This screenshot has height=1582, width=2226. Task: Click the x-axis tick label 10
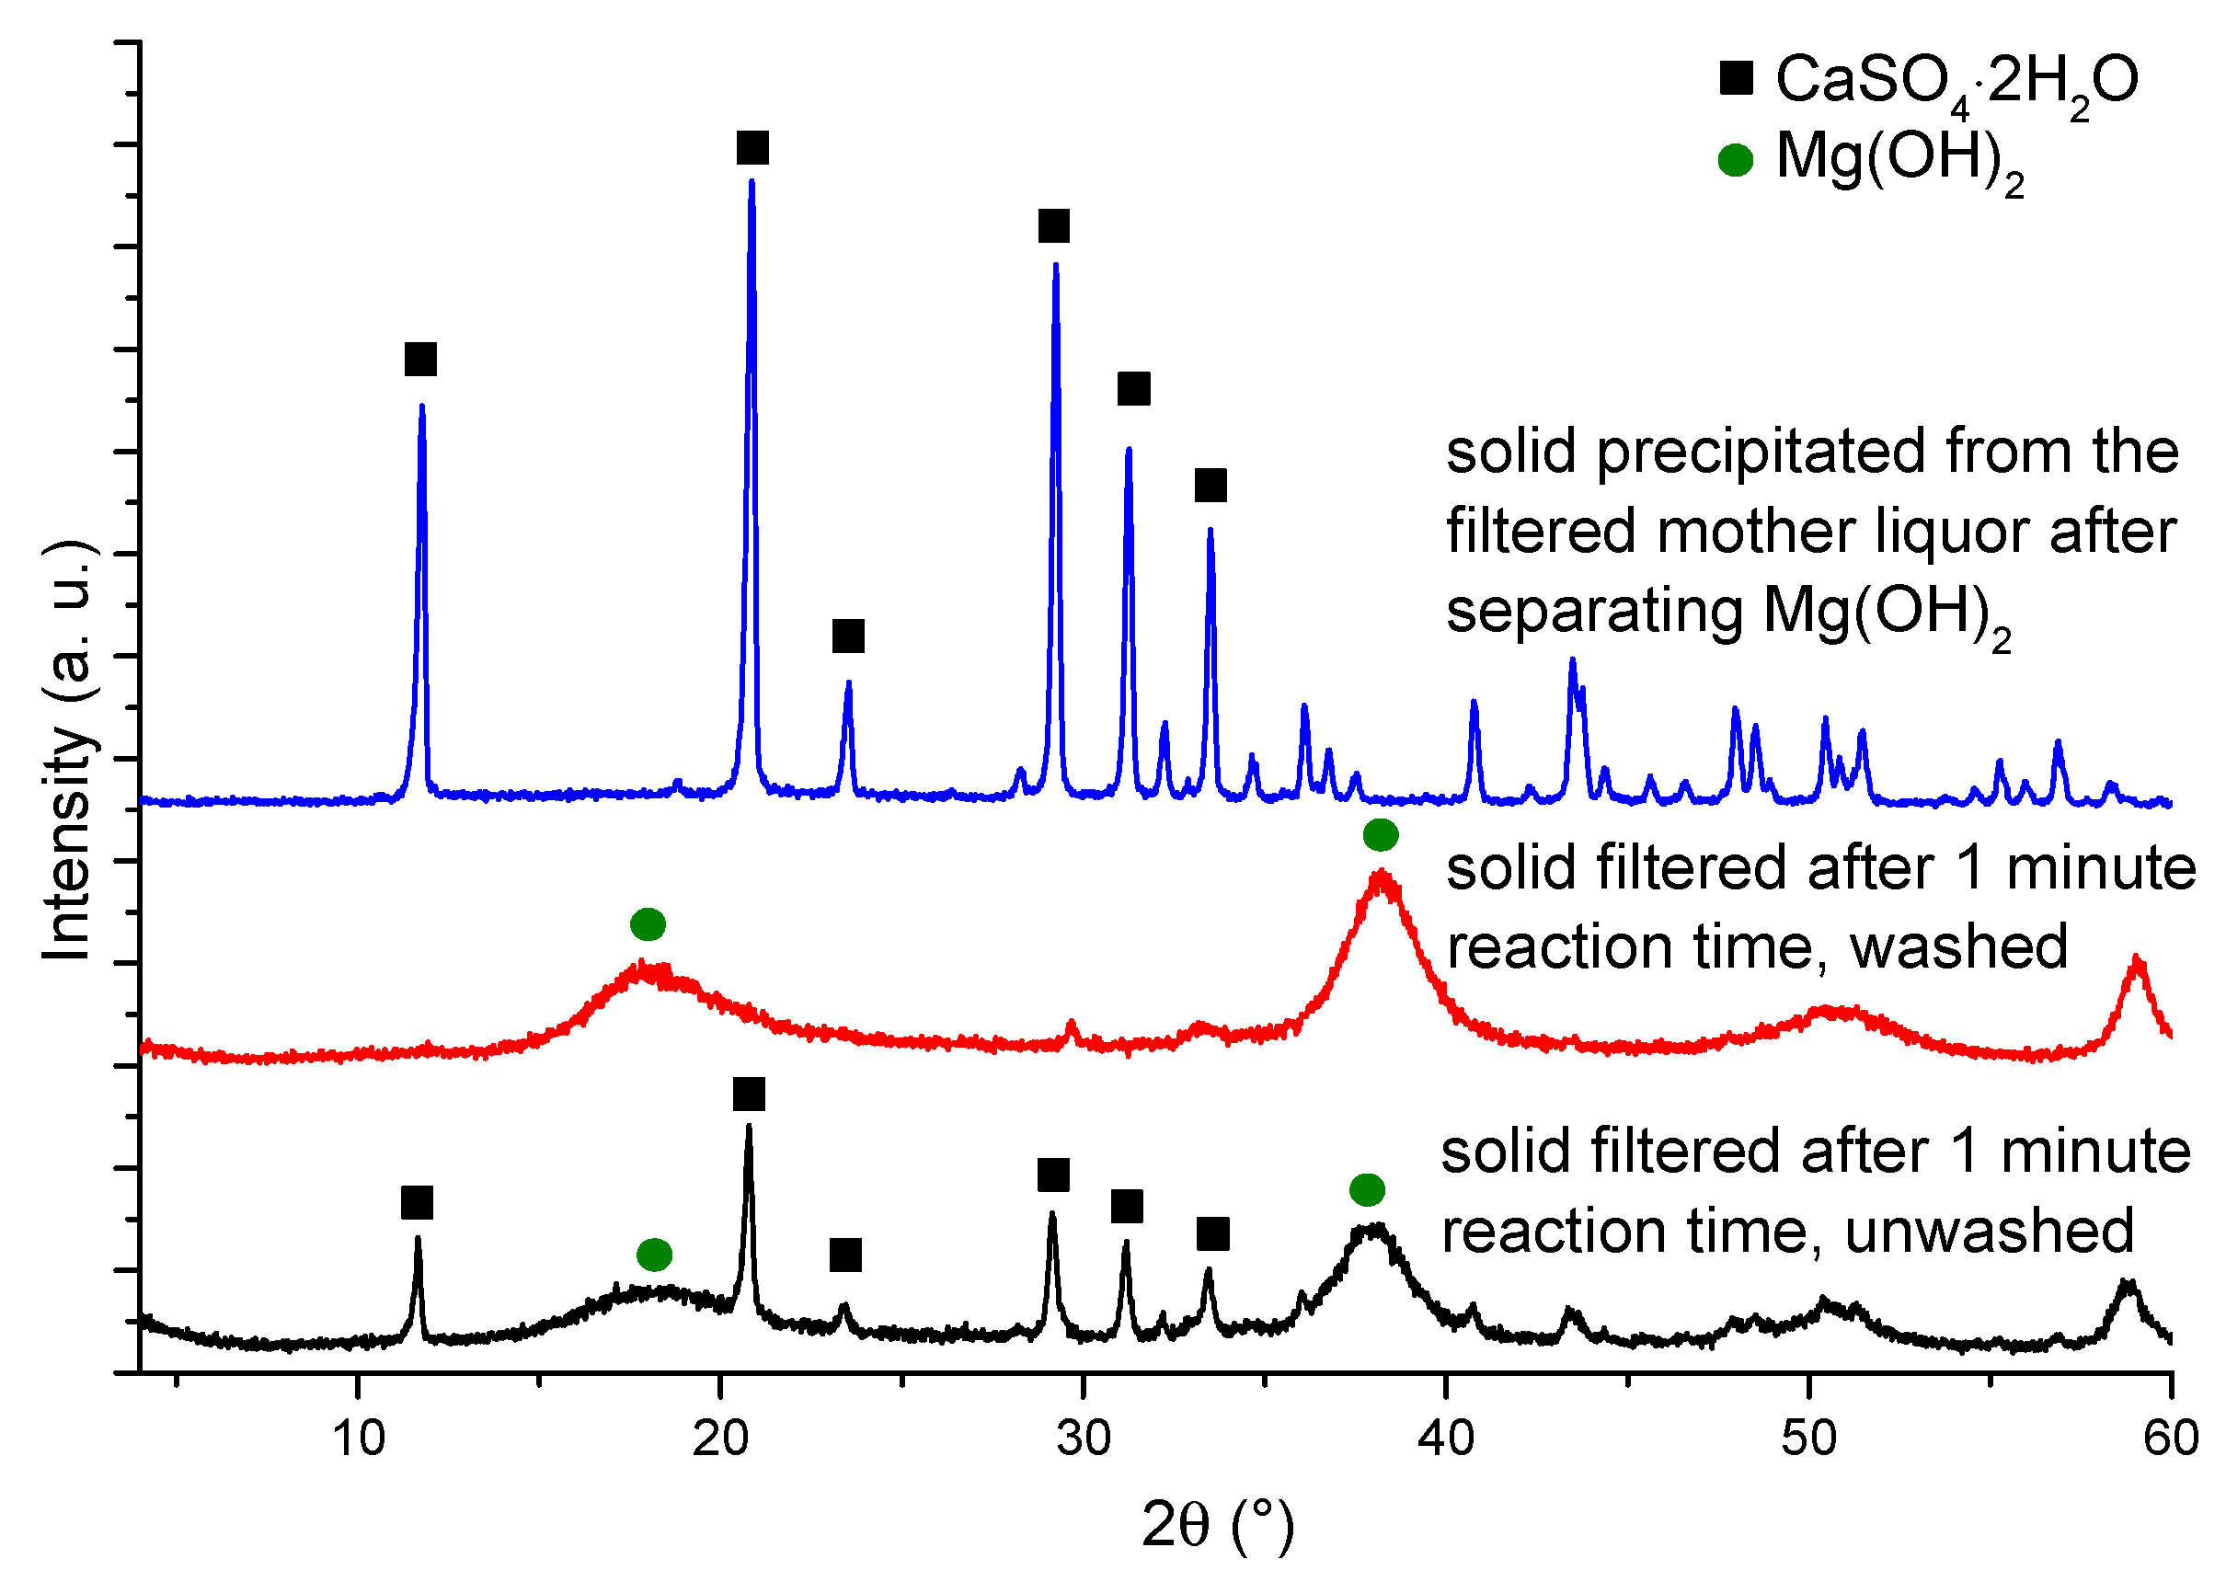[x=359, y=1439]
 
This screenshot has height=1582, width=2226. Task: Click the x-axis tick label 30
[x=1084, y=1439]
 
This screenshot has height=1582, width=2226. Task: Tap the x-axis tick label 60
[x=2171, y=1439]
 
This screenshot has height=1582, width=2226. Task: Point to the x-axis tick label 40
[x=1446, y=1439]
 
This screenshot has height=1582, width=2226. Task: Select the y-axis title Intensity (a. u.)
[x=68, y=751]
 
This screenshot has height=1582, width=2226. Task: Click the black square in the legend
[x=1736, y=78]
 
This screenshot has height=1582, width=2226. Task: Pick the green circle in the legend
[x=1735, y=160]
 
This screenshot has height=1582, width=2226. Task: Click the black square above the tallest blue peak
[x=752, y=148]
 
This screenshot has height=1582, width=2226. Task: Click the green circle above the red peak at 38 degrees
[x=1381, y=835]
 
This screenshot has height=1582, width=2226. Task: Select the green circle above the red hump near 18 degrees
[x=648, y=923]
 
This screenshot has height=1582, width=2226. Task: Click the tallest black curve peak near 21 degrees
[x=748, y=1128]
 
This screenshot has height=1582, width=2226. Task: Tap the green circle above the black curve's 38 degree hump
[x=1367, y=1189]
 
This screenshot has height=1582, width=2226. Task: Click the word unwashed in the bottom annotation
[x=1990, y=1232]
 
